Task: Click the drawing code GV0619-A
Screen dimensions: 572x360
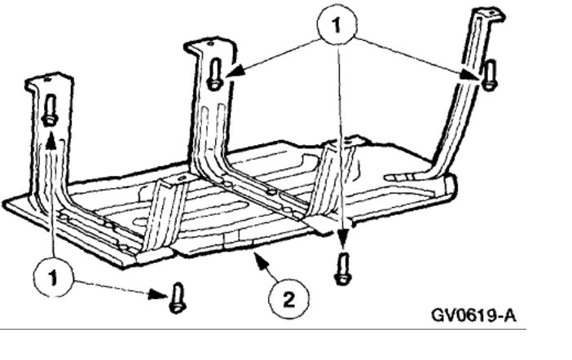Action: point(476,313)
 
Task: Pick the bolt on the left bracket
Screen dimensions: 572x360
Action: point(50,110)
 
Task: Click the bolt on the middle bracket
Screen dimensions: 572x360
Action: point(213,75)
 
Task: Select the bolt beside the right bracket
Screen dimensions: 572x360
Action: point(490,75)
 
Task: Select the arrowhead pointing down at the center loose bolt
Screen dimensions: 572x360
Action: point(343,243)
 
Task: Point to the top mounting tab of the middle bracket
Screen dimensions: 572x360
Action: point(209,46)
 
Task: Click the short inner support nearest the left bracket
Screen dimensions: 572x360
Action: point(164,204)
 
